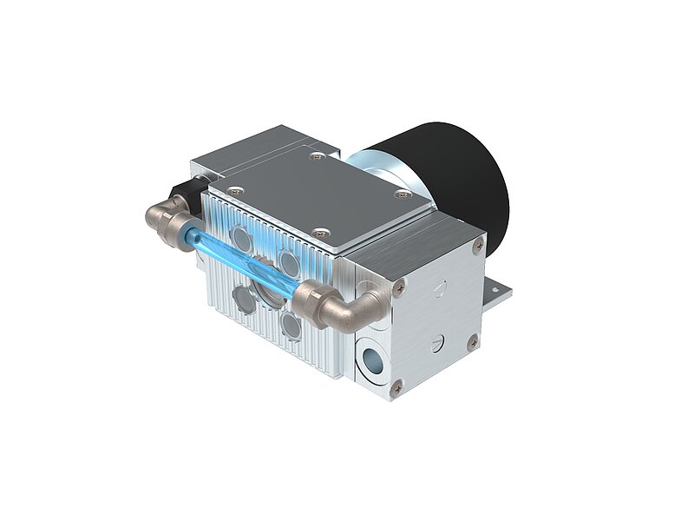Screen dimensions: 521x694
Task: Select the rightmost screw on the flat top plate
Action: coord(401,195)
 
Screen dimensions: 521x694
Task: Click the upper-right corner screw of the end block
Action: coord(475,247)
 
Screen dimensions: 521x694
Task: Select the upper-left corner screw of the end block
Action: coord(398,281)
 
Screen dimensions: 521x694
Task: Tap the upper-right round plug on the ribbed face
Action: coord(287,258)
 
